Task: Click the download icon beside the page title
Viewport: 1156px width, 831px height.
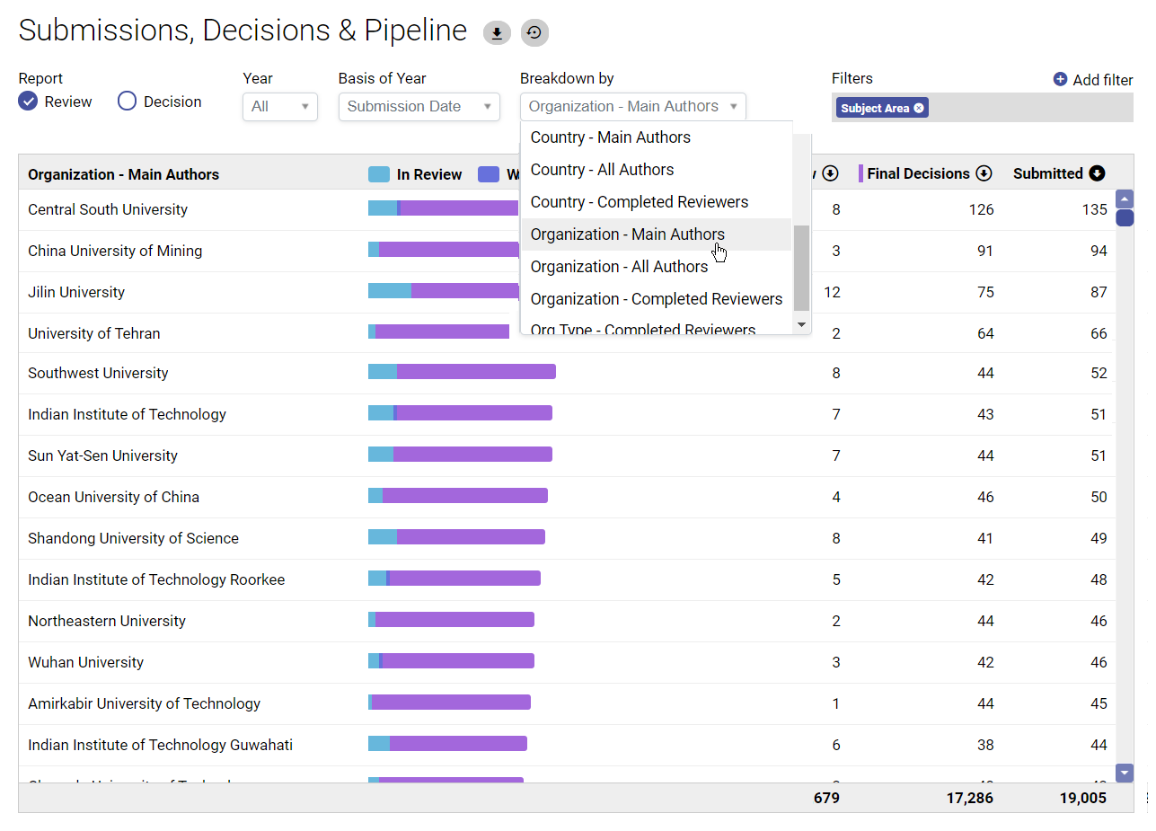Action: [x=497, y=33]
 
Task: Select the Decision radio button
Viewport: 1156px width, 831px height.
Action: [x=128, y=102]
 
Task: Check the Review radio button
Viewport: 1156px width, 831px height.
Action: [x=29, y=102]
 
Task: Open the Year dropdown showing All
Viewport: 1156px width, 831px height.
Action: [x=279, y=107]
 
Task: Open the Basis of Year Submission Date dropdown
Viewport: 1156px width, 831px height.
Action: [x=419, y=107]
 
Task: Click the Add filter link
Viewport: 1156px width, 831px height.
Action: [x=1093, y=80]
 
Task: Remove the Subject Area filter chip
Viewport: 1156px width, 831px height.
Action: [x=919, y=108]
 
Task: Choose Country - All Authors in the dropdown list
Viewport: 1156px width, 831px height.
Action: [x=602, y=170]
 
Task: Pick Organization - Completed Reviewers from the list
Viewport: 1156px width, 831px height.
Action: [x=656, y=299]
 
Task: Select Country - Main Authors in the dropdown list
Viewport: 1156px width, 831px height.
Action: [x=610, y=137]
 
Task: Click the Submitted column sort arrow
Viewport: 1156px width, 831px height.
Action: [x=1097, y=173]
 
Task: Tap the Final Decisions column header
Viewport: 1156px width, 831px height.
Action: [x=918, y=173]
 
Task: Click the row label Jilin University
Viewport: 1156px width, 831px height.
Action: [x=76, y=292]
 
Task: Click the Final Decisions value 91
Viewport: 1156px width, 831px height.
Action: [x=984, y=251]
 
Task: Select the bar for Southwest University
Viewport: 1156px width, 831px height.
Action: [x=462, y=372]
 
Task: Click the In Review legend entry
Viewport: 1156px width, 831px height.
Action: [x=416, y=174]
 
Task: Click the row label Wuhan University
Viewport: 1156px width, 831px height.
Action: [x=85, y=662]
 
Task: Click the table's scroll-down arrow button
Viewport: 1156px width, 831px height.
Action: [x=1125, y=773]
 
